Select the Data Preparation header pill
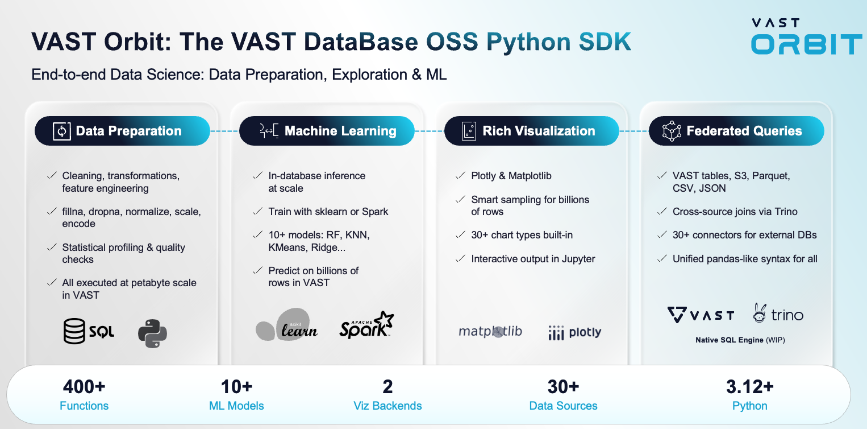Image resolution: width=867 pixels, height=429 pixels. click(x=122, y=131)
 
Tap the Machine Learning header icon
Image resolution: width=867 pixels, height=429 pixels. click(x=269, y=131)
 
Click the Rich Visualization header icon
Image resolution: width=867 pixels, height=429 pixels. click(x=469, y=131)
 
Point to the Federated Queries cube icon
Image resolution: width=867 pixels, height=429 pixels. click(x=672, y=131)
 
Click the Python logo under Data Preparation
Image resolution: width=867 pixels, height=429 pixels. click(x=152, y=333)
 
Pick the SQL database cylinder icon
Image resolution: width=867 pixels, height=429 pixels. click(x=74, y=331)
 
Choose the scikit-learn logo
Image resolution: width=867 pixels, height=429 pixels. click(x=286, y=325)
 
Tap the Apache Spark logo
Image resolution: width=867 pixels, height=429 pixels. click(x=366, y=325)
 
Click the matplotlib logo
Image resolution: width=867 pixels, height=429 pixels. click(x=490, y=331)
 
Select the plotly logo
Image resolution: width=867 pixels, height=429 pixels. click(x=575, y=332)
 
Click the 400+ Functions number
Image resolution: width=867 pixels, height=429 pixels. click(x=84, y=386)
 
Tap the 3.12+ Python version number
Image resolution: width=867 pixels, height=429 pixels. click(x=750, y=386)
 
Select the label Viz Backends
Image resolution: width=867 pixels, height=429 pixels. click(x=387, y=406)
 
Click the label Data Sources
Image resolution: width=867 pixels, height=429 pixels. click(x=563, y=406)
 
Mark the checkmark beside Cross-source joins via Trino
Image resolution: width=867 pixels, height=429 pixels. click(x=662, y=211)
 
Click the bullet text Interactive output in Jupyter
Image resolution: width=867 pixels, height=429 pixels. click(x=533, y=259)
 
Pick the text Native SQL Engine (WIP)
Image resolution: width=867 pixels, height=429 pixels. click(x=740, y=340)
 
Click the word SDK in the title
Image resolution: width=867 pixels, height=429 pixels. click(x=605, y=42)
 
